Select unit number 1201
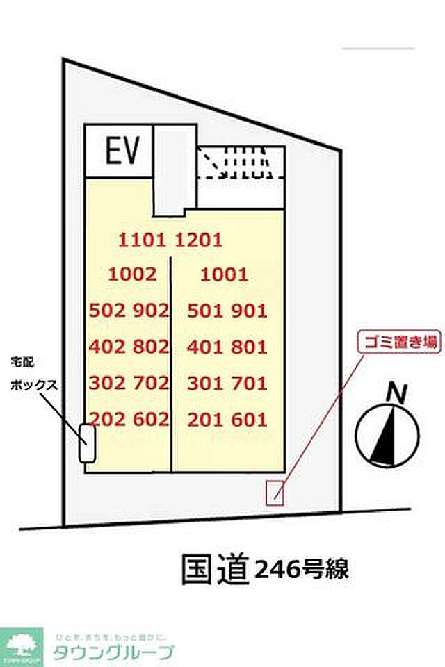pyautogui.click(x=198, y=240)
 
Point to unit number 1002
pyautogui.click(x=133, y=274)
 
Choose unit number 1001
pyautogui.click(x=224, y=274)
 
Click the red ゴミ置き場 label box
pyautogui.click(x=398, y=343)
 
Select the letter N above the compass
pyautogui.click(x=397, y=394)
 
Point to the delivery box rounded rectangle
pyautogui.click(x=87, y=443)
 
